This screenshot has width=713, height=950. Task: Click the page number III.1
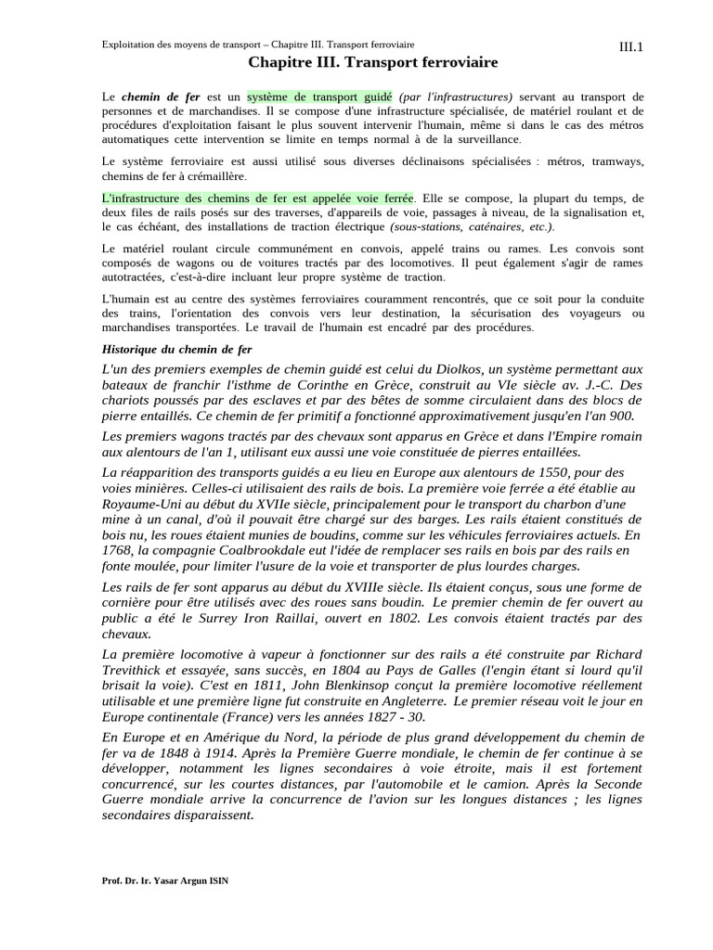click(x=630, y=46)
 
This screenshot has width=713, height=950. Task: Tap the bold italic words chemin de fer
click(x=146, y=96)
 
